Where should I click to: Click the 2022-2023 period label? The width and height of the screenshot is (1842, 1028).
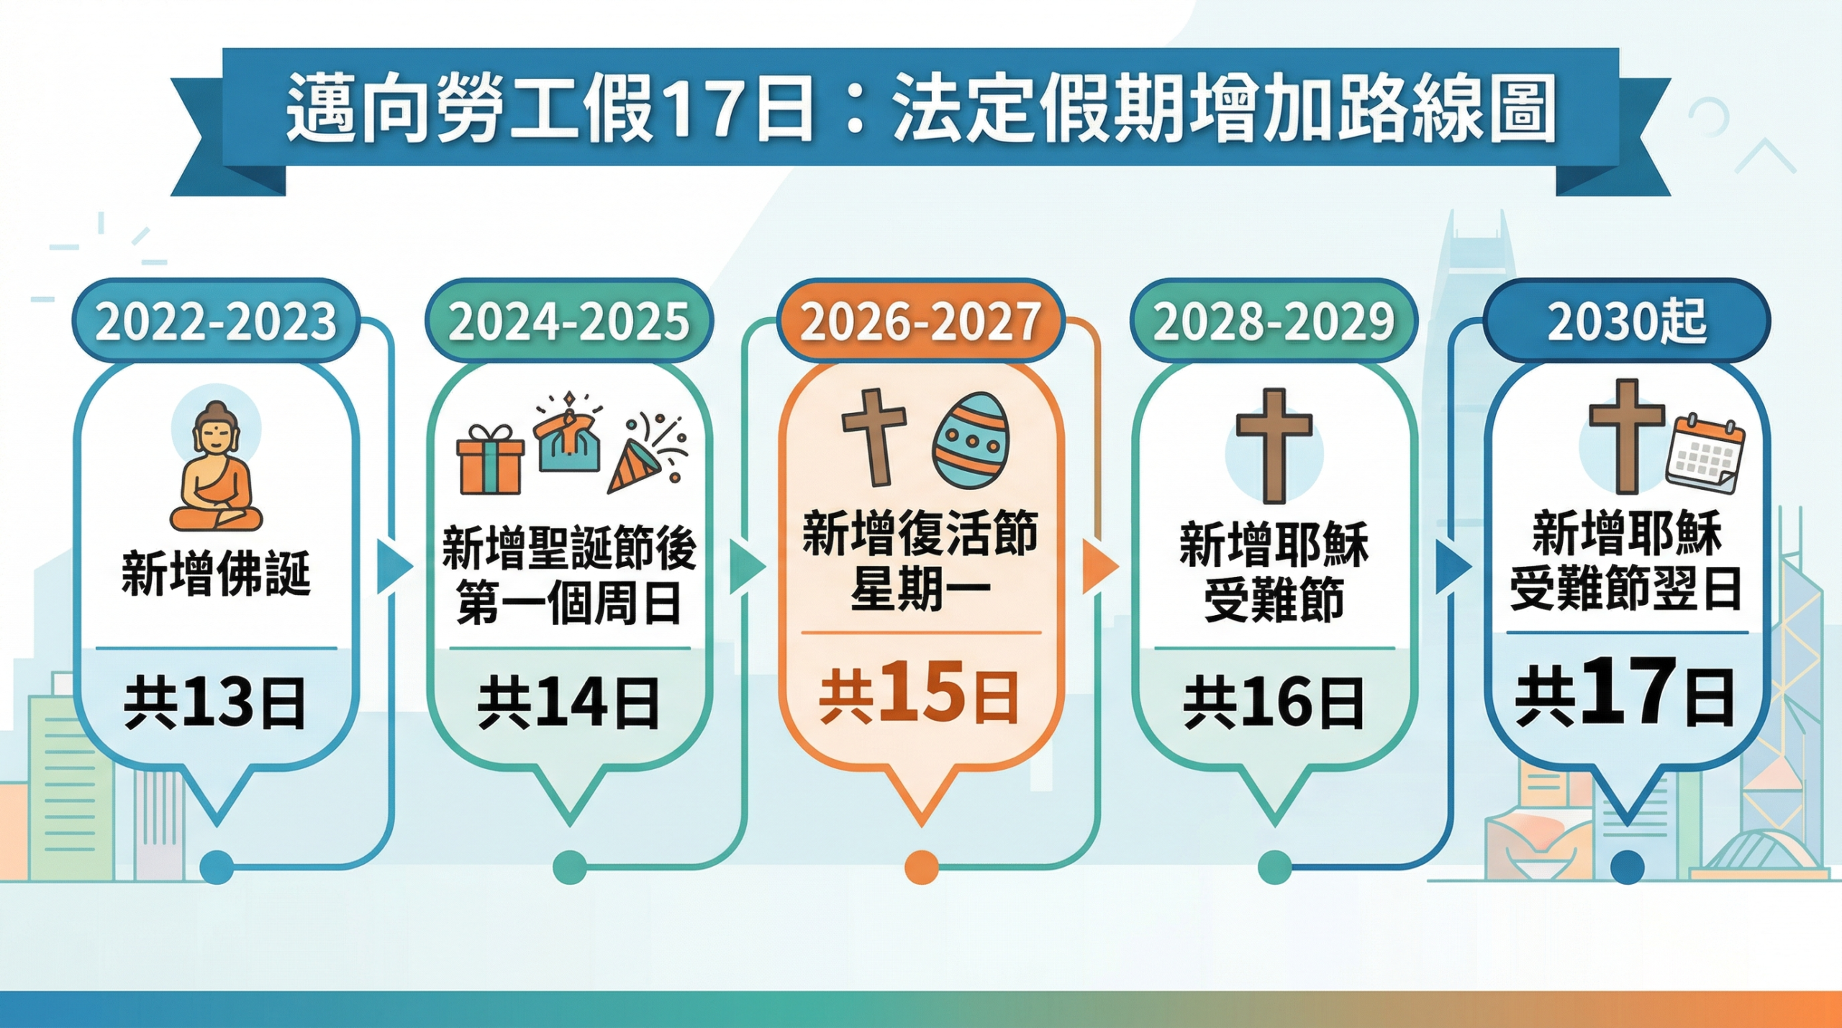coord(216,321)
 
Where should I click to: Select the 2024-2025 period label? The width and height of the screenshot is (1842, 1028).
coord(568,321)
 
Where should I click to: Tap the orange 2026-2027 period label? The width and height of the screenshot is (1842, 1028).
coord(920,321)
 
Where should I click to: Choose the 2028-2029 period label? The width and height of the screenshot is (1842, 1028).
coord(1274,321)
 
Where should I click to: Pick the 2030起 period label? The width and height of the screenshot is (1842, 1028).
coord(1627,321)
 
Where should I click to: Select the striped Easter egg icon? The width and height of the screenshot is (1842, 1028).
coord(971,440)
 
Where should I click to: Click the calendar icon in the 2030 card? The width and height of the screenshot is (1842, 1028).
coord(1705,455)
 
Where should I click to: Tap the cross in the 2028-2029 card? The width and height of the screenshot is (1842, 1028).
coord(1274,445)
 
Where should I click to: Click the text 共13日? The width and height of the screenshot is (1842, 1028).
coord(216,703)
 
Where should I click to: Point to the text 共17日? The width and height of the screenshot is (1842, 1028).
coord(1625,694)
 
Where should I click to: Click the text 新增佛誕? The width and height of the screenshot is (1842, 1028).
coord(216,574)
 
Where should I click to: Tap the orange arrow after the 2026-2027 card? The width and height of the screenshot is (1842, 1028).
coord(1099,566)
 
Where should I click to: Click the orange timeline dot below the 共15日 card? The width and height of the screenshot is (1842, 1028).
coord(921,867)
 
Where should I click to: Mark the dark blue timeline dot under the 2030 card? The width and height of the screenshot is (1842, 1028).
coord(1627,867)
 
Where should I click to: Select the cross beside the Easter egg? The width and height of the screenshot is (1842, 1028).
coord(874,436)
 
